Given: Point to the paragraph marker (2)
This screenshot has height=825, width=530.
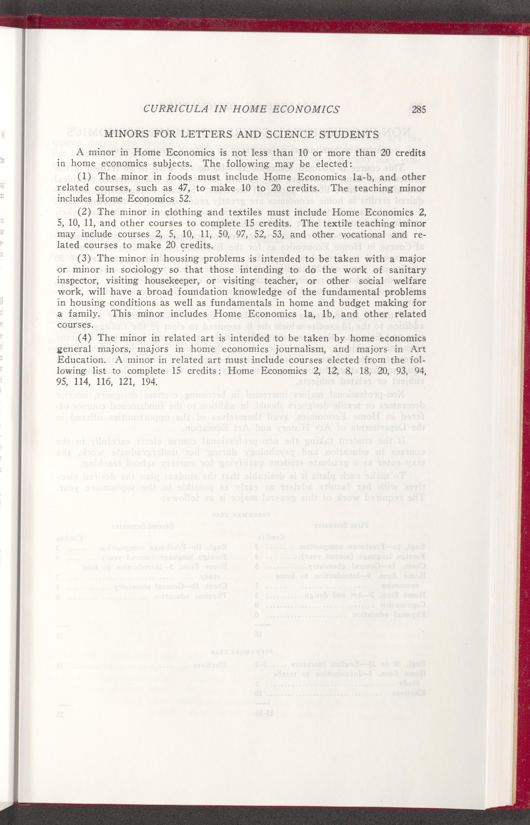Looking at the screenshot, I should [84, 212].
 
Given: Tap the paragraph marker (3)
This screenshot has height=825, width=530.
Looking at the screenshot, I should [84, 258].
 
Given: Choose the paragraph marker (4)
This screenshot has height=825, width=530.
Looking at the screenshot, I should [84, 338].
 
